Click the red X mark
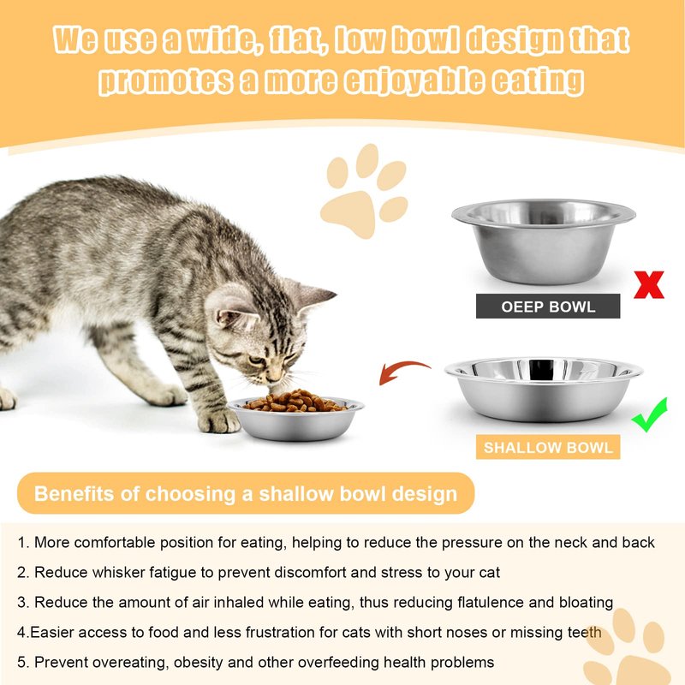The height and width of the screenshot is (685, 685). coord(649,285)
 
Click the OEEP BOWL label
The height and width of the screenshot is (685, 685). coord(548,307)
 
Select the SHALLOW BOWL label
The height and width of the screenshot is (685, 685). coord(548,447)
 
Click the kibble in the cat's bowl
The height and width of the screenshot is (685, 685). coord(295,402)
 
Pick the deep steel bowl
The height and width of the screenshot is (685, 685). coord(544,241)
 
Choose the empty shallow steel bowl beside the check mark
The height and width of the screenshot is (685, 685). coord(544,390)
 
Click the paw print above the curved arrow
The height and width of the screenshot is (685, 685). coord(364,190)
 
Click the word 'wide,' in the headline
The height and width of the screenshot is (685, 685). coord(221,39)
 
